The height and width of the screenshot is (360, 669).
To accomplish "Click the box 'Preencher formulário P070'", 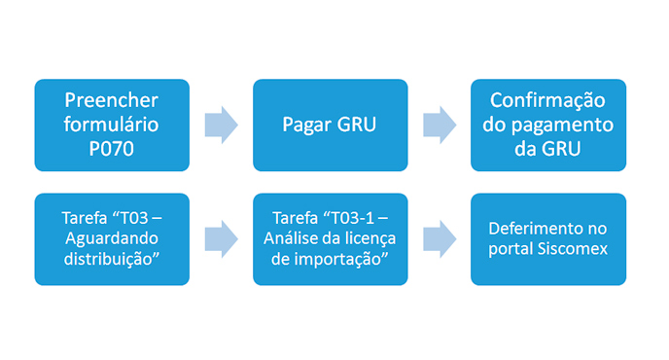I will click(x=112, y=125).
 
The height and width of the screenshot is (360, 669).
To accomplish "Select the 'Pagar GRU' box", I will click(x=330, y=125).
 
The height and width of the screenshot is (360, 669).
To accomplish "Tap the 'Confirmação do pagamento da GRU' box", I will click(x=547, y=125).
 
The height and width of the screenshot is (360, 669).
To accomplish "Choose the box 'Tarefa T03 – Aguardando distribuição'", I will click(x=112, y=238).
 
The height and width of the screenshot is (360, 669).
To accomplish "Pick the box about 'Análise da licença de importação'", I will click(x=330, y=238).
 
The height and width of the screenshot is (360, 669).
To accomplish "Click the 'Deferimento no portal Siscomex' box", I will click(x=547, y=238).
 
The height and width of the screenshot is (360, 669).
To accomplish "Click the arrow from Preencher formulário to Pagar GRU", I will click(x=221, y=126).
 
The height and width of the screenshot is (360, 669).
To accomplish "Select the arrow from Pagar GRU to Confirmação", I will click(x=439, y=126).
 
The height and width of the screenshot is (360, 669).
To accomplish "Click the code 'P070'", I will click(x=112, y=149).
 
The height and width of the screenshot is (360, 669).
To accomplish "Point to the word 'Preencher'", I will click(x=112, y=101).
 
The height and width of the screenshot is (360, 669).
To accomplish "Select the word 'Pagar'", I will click(x=307, y=126).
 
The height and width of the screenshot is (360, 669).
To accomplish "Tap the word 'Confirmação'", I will click(x=547, y=101).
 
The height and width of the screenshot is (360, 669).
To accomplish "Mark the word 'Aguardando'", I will click(x=112, y=239).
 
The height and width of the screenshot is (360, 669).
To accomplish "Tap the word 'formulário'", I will click(x=112, y=126).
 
